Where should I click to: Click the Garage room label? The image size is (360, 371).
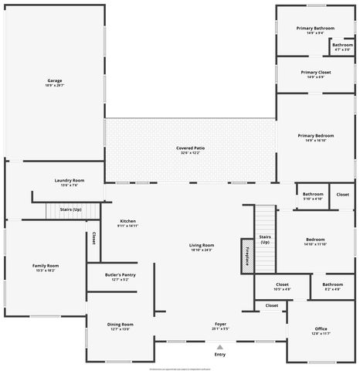[54, 82]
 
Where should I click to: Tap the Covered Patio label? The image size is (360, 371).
[190, 150]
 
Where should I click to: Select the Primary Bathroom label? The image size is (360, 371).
[315, 30]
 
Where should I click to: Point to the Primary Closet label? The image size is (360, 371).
[315, 74]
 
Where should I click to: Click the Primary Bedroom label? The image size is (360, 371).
[315, 138]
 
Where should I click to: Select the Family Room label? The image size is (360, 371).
[46, 267]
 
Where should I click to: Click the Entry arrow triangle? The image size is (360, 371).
[220, 346]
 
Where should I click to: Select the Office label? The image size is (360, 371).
[321, 331]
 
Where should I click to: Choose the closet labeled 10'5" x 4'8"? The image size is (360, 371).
[282, 287]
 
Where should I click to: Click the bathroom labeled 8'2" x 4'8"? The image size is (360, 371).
[333, 287]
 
